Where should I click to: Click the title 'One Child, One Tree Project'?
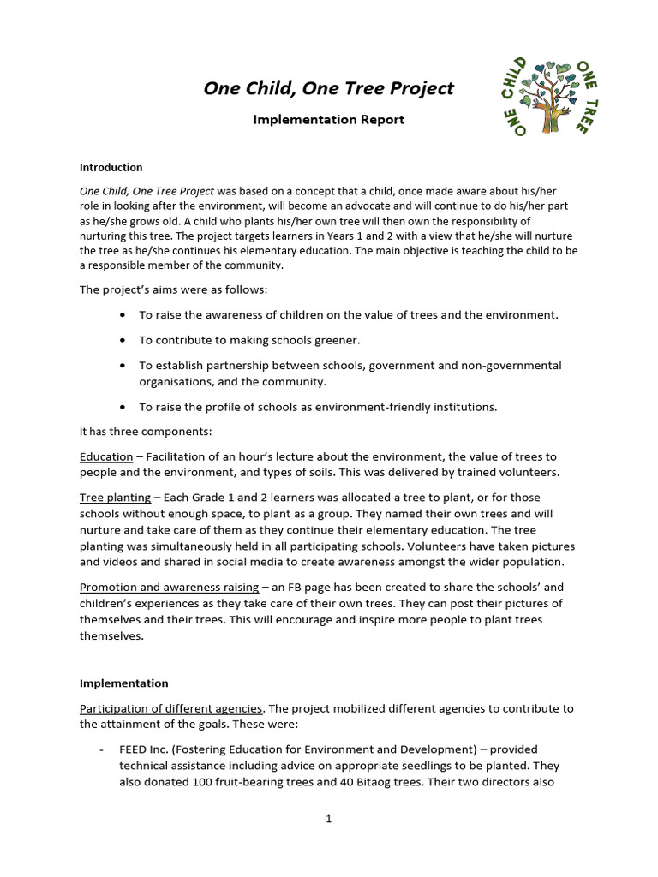tap(328, 88)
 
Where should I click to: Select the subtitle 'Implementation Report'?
tap(328, 120)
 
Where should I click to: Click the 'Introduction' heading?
tap(111, 168)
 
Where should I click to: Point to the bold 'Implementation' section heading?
tap(123, 683)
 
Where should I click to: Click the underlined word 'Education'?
tap(106, 457)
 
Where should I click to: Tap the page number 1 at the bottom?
tap(328, 819)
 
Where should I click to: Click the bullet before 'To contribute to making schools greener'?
tap(125, 340)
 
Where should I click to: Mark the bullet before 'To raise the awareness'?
tap(125, 315)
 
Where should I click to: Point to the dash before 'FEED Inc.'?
tap(102, 749)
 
